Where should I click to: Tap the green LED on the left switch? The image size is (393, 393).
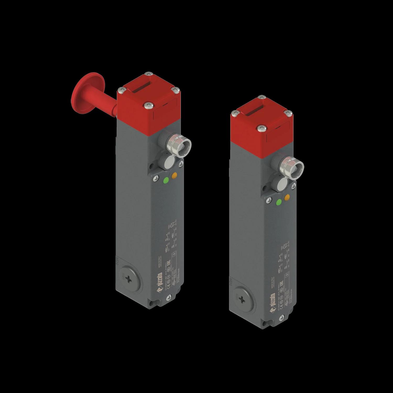[x=166, y=181]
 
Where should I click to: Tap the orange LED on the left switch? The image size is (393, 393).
[x=174, y=176]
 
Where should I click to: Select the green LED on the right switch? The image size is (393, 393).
[x=279, y=202]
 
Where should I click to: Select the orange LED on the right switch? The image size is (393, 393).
[x=287, y=197]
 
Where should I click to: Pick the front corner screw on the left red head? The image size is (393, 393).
[x=148, y=105]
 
